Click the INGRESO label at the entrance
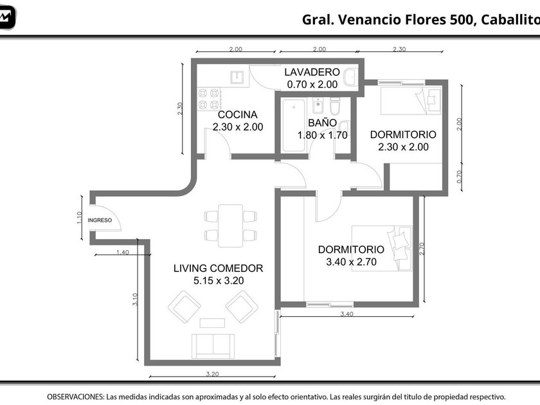click(x=100, y=220)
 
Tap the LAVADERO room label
click(x=312, y=72)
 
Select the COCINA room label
click(x=238, y=114)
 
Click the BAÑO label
click(x=322, y=123)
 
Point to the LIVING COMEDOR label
click(x=218, y=268)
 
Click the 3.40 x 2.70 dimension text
click(x=351, y=262)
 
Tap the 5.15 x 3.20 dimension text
click(x=219, y=281)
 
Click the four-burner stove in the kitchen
click(x=209, y=99)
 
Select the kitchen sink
click(x=237, y=78)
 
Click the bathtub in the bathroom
click(x=294, y=125)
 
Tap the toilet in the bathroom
click(x=335, y=105)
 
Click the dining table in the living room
click(x=230, y=226)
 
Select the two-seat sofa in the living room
click(x=213, y=346)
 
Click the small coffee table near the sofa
click(x=212, y=323)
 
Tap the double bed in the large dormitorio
click(x=382, y=248)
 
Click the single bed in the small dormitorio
click(x=411, y=100)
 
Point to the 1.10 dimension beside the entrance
click(x=79, y=218)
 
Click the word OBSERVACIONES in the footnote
click(x=75, y=397)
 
